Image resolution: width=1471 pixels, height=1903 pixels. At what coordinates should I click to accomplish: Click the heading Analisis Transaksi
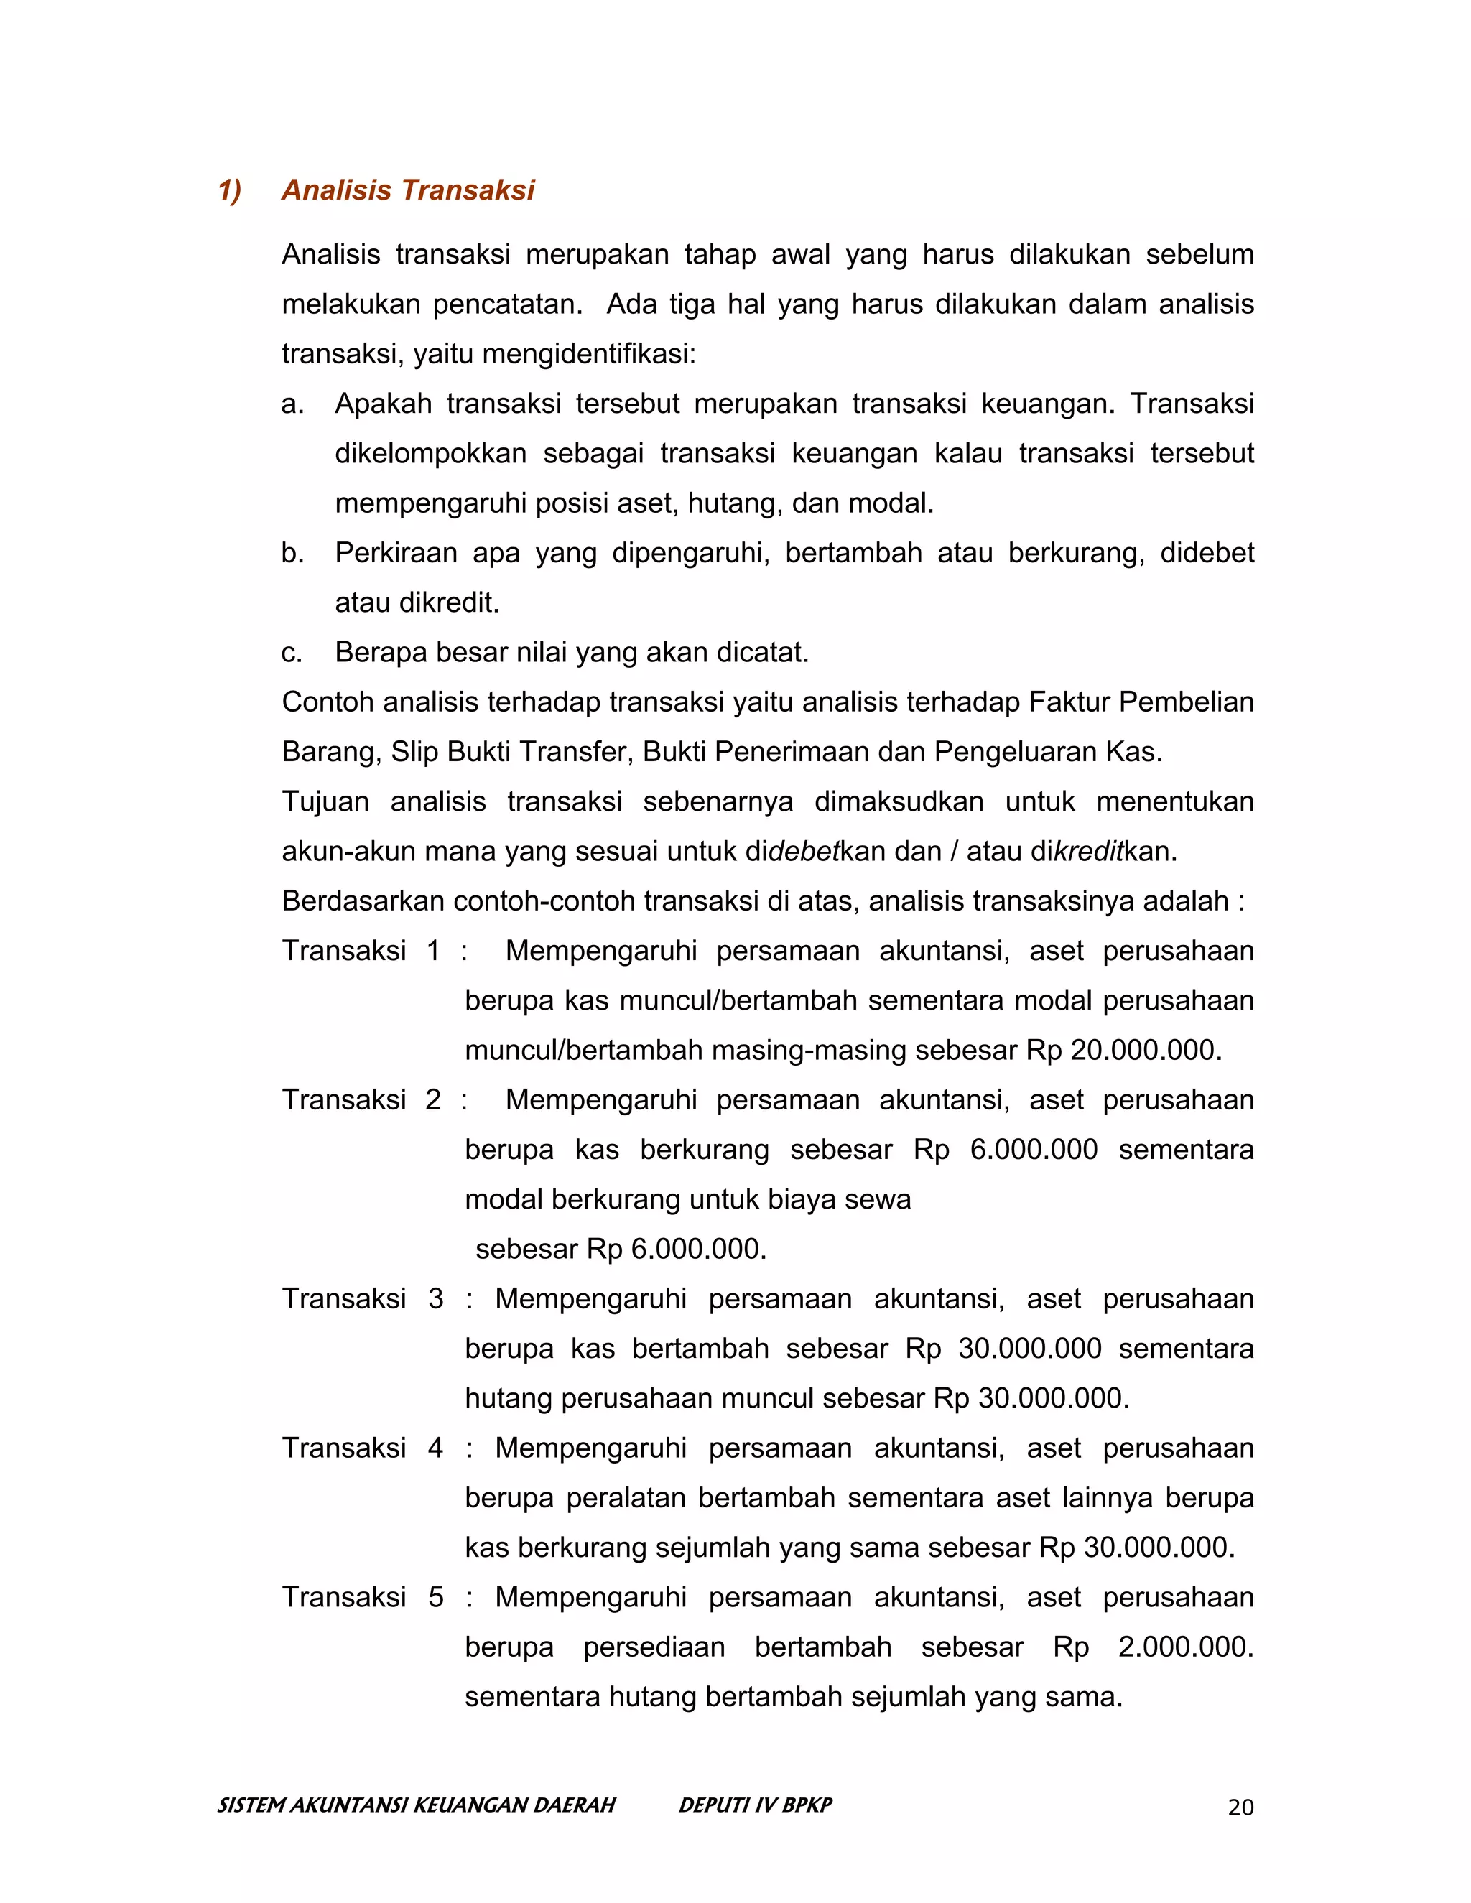coord(407,191)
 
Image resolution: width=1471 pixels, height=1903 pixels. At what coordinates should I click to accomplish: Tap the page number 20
coord(1240,1808)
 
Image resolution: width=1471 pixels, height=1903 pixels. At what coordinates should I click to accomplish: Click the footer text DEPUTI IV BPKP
coord(755,1805)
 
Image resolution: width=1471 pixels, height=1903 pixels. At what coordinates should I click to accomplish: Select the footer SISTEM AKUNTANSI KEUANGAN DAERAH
coord(417,1805)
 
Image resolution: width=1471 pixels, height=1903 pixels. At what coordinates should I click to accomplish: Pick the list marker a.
coord(293,404)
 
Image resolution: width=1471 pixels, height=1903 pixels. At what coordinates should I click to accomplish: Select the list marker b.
coord(293,553)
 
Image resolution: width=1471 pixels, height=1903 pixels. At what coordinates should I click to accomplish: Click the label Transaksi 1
coord(361,951)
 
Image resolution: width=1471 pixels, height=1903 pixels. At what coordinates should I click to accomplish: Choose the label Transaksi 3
coord(363,1299)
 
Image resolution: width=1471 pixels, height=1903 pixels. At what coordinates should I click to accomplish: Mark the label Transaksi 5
coord(363,1597)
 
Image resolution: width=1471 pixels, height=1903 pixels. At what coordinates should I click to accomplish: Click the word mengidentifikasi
coord(588,355)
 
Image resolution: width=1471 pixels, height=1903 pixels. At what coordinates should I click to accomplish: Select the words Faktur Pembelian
coord(1141,702)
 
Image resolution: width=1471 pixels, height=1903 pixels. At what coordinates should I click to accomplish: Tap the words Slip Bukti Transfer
coord(511,752)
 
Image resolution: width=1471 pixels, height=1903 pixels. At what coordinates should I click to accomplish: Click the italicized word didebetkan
coord(804,851)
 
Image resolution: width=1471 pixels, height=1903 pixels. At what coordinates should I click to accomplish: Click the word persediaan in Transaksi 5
coord(654,1647)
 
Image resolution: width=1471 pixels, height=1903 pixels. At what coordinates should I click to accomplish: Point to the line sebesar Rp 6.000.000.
coord(621,1250)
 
